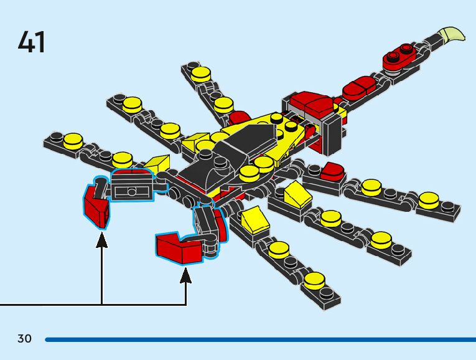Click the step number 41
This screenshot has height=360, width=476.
[32, 42]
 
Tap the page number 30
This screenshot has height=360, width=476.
[24, 339]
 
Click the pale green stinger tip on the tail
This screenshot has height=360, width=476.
[454, 34]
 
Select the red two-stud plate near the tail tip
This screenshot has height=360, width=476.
[399, 57]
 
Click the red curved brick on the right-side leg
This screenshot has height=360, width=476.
[332, 169]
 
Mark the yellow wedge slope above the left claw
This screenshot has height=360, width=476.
[157, 165]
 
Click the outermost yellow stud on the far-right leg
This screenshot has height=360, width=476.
[428, 199]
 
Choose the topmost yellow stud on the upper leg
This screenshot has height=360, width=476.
[200, 73]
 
